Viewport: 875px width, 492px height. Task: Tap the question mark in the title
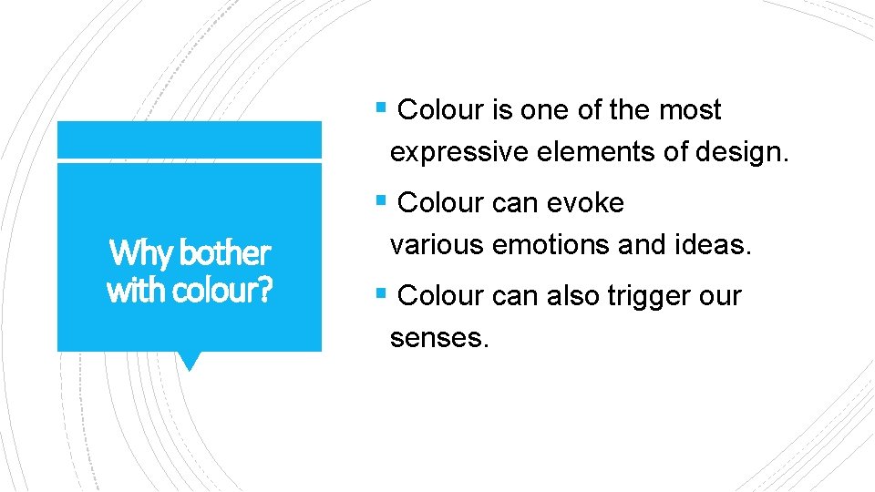(x=264, y=291)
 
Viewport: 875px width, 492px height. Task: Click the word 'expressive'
(x=458, y=152)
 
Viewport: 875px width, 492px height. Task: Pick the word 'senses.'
(x=439, y=339)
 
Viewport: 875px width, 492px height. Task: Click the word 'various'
(x=437, y=245)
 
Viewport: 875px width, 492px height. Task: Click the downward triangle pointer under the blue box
(x=189, y=361)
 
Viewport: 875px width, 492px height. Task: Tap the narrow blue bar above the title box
(x=189, y=140)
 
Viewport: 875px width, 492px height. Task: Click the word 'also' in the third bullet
(x=549, y=296)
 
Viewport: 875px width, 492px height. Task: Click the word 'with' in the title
(x=129, y=291)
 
